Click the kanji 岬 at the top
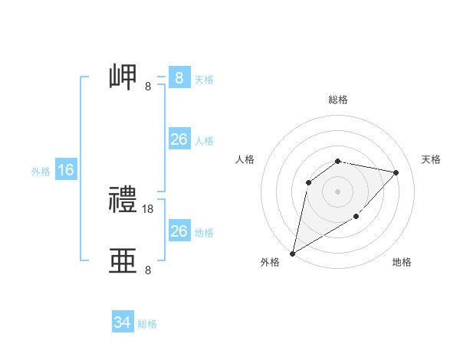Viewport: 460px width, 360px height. [x=123, y=78]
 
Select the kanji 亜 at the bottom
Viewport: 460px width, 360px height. [x=123, y=261]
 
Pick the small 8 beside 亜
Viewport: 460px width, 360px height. [x=148, y=270]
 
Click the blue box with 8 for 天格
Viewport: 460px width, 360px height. [x=179, y=78]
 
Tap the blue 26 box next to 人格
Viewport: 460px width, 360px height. [x=179, y=139]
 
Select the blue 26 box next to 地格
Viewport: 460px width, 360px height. [x=179, y=231]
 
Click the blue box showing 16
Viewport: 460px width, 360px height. [x=66, y=170]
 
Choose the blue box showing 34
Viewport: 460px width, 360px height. [x=122, y=323]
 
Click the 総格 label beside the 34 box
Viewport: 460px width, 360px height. [x=147, y=324]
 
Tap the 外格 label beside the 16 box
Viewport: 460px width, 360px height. [x=41, y=172]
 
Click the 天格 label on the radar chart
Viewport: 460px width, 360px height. [x=431, y=159]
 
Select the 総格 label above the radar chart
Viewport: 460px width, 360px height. [x=337, y=100]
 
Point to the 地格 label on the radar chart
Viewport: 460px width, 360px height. [x=402, y=262]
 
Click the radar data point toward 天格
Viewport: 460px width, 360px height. [x=396, y=172]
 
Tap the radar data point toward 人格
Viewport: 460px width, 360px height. [x=309, y=182]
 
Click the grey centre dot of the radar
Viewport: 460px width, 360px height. [x=337, y=191]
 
